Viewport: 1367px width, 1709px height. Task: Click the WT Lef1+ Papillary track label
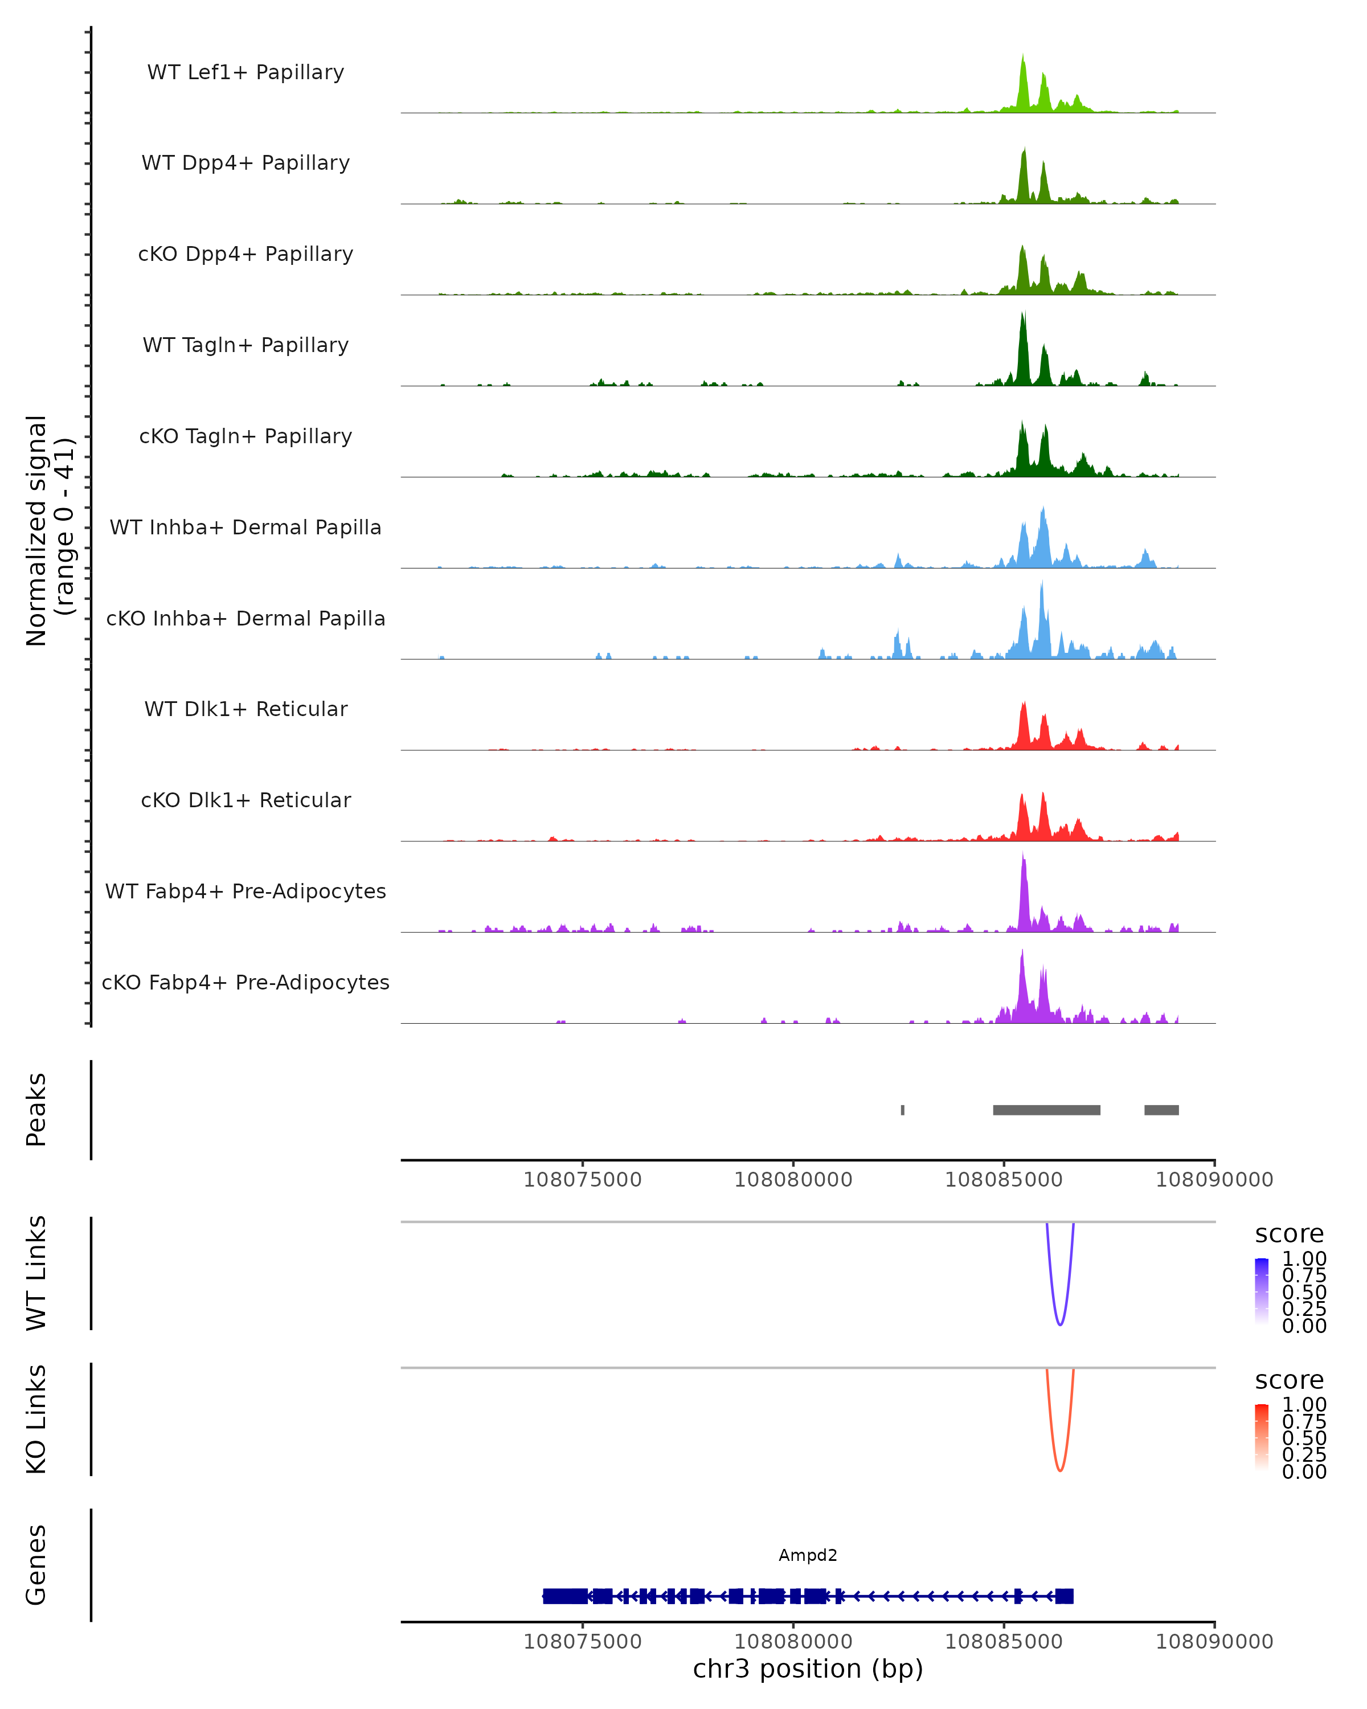pos(245,72)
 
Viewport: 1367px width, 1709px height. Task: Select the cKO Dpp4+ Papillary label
pos(245,255)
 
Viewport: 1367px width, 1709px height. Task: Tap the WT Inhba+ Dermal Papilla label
pos(245,528)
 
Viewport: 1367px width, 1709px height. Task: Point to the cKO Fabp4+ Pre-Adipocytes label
pos(245,983)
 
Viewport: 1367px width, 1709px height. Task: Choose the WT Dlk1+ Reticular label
pos(245,709)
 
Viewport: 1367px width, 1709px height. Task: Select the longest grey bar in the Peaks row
pos(1046,1110)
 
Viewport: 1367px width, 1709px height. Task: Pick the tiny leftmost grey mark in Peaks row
pos(903,1110)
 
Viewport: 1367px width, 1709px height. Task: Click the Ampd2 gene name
pos(808,1555)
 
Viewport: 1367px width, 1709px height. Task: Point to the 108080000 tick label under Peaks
pos(793,1180)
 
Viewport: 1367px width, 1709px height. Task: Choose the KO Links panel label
pos(36,1420)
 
